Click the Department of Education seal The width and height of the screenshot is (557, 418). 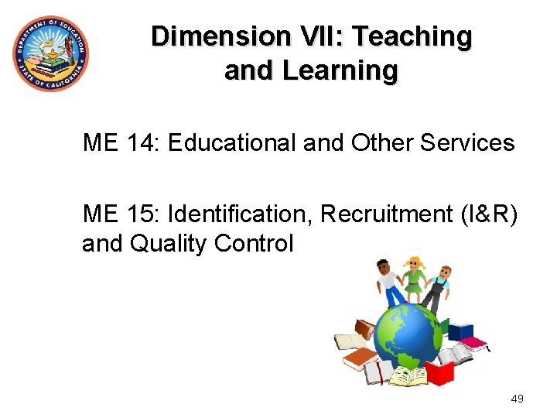coord(50,53)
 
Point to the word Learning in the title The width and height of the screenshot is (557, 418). coord(340,70)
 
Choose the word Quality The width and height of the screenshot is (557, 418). coord(167,244)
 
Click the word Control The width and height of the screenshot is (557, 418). coord(254,244)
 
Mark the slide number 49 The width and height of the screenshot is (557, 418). coord(518,399)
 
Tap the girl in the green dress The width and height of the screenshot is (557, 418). coord(415,282)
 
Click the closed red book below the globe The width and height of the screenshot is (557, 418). coord(439,374)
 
